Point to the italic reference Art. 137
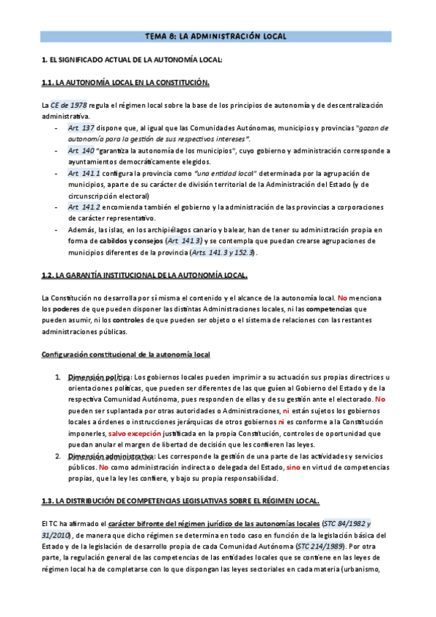(x=81, y=128)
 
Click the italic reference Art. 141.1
(x=84, y=173)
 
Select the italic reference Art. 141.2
(x=84, y=207)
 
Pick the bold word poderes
(x=66, y=309)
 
